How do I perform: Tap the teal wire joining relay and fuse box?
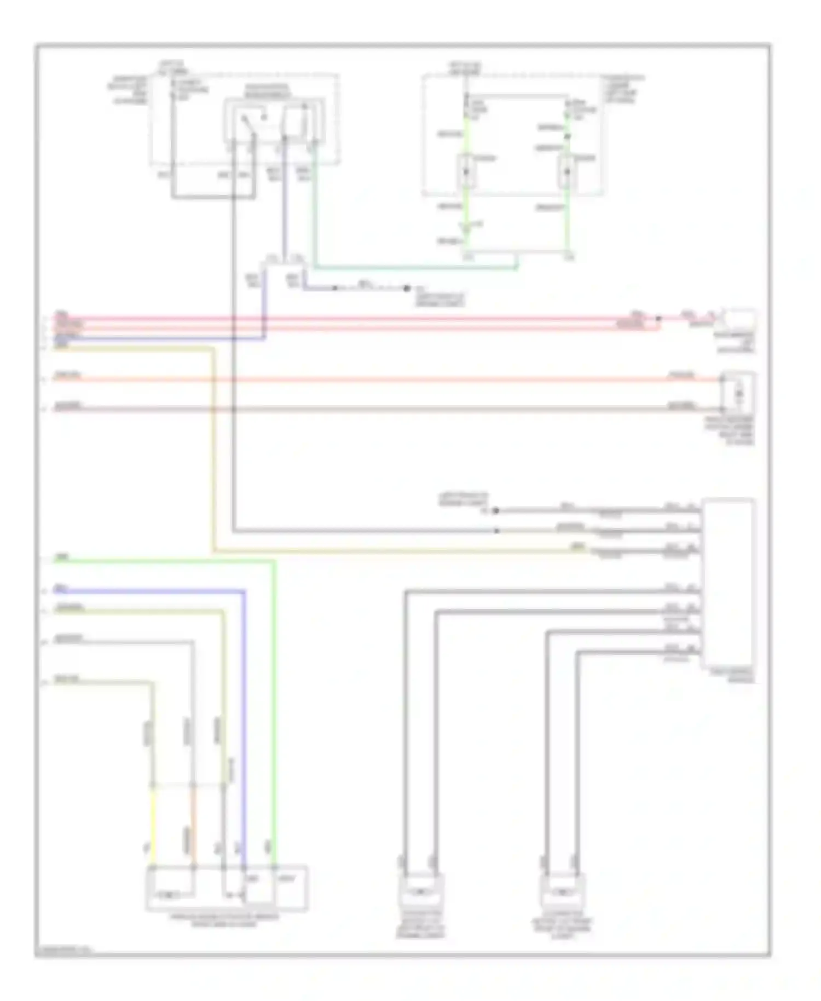coord(416,268)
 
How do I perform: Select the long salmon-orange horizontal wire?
coord(383,379)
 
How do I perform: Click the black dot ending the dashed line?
coord(407,288)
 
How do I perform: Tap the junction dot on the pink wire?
coord(658,318)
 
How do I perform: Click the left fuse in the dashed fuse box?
coord(466,171)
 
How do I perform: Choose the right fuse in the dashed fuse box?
coord(567,171)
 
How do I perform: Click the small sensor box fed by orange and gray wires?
coord(738,392)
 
